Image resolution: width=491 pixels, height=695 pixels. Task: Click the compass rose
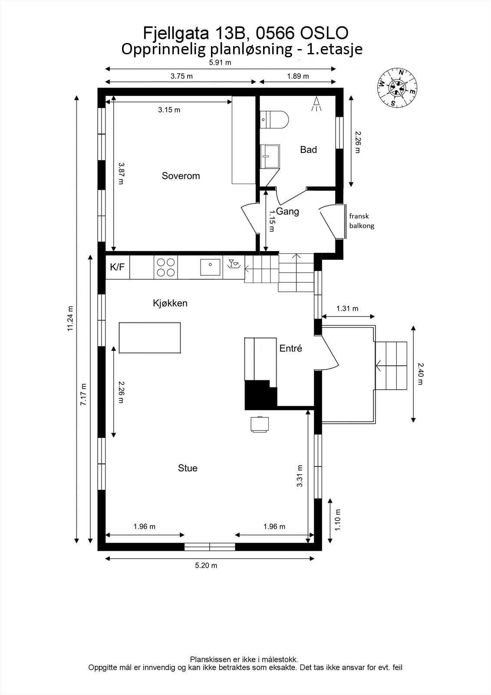coord(397,88)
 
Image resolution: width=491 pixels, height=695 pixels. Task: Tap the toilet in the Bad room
coord(274,119)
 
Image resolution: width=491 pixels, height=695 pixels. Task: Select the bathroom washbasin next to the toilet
coord(270,156)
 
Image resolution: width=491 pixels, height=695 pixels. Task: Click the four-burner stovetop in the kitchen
coord(166,267)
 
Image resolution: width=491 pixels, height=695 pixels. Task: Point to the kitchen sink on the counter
coord(210,267)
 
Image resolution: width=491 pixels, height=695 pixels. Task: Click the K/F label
coord(117,267)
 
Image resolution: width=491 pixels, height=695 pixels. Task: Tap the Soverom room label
coord(181,176)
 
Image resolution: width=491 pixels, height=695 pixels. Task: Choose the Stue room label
coord(188,468)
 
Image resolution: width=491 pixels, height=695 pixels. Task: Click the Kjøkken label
coord(170,303)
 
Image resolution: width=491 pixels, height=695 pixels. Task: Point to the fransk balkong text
coord(362,221)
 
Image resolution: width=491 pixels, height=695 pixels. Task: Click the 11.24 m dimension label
coord(70,318)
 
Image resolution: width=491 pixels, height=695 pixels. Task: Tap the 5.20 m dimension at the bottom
coord(206,565)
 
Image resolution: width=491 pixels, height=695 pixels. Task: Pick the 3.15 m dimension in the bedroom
coord(169,109)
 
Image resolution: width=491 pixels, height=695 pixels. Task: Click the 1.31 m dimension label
coord(347,308)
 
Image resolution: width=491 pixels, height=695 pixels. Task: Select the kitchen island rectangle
coord(150,338)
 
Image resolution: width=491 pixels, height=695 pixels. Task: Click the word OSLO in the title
coord(324,33)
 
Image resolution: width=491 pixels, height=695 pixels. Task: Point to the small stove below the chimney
coord(260,424)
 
